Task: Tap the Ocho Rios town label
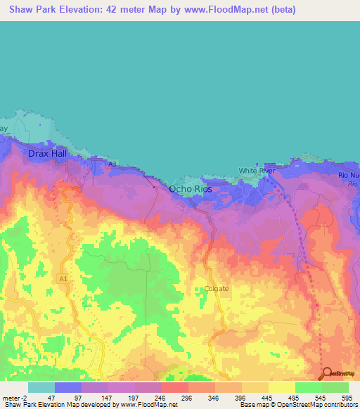point(190,189)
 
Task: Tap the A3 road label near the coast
point(112,164)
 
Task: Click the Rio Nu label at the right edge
point(349,174)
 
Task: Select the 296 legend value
point(188,397)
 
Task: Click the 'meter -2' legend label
point(15,397)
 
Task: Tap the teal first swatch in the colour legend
point(41,387)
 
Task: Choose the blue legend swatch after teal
point(67,387)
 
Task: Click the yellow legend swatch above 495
point(281,387)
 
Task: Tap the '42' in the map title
point(105,10)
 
